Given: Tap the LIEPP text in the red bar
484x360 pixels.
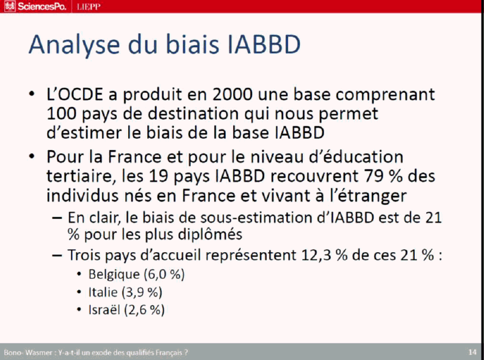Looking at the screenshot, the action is pos(89,7).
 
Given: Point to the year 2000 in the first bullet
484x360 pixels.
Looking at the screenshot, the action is pos(232,95).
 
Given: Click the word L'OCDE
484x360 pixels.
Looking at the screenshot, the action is pos(75,95).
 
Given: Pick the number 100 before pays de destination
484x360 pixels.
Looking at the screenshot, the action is pos(61,114).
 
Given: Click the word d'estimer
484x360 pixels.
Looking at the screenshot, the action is pos(82,133).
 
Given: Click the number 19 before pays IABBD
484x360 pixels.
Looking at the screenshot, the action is pos(159,176).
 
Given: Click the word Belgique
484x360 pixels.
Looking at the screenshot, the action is pos(114,275).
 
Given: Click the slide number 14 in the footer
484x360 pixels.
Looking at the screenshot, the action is pos(472,352).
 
